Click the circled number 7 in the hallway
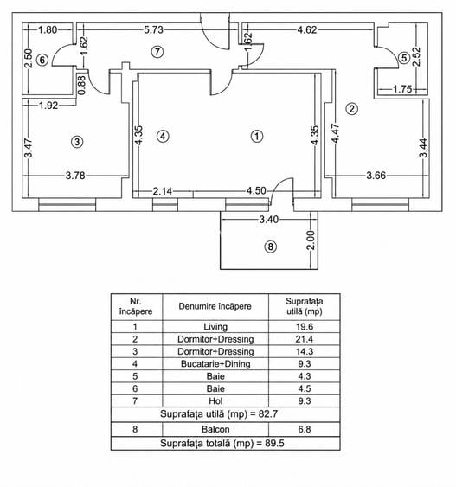[x=157, y=52]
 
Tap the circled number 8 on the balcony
[x=270, y=247]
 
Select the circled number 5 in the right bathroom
[x=404, y=58]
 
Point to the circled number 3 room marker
[x=77, y=142]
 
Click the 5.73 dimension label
[x=153, y=29]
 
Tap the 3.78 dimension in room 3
[x=75, y=176]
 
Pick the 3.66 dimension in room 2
[x=376, y=176]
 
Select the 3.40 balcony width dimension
[x=269, y=220]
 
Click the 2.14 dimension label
[x=162, y=191]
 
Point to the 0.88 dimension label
[x=81, y=86]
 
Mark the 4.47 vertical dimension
[x=336, y=133]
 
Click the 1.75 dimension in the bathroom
[x=402, y=89]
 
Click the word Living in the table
[x=215, y=327]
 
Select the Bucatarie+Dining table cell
[x=215, y=363]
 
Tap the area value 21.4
[x=304, y=339]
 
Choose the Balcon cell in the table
[x=215, y=429]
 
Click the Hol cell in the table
[x=215, y=401]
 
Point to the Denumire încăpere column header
[x=215, y=306]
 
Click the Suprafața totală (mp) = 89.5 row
[x=222, y=443]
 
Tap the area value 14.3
[x=304, y=351]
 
